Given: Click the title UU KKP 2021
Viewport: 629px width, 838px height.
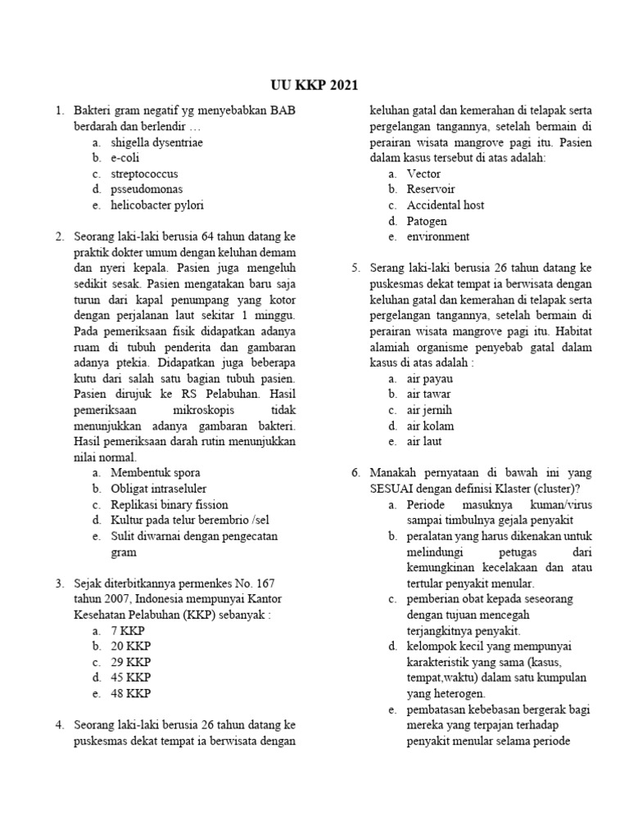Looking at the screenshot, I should [314, 85].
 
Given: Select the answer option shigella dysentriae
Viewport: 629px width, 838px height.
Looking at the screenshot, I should [157, 142].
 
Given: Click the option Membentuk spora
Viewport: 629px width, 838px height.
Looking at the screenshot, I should [155, 473].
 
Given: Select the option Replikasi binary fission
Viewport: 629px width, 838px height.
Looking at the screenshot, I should [170, 504].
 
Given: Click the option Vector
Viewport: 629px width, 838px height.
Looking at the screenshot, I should [423, 173].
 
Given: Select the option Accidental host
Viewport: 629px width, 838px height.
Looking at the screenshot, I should [446, 205].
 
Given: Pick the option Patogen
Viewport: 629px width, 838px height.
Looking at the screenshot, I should [427, 221].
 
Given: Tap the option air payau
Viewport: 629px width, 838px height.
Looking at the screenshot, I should [430, 379].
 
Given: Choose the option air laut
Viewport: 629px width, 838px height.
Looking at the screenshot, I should [424, 442].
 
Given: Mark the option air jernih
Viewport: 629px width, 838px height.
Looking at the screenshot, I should [429, 410].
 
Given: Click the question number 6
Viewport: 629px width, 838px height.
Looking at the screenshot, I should [356, 473].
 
